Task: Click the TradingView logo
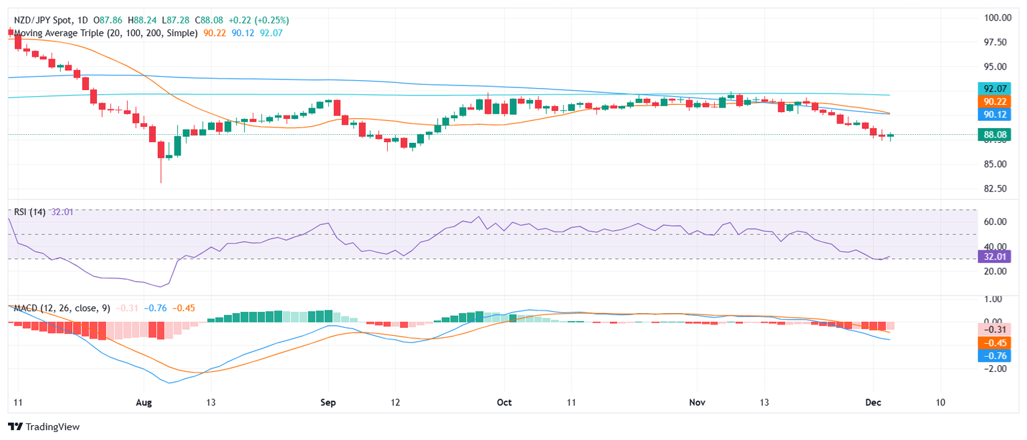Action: pyautogui.click(x=43, y=427)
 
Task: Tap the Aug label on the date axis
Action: pyautogui.click(x=144, y=403)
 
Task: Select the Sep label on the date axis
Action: pyautogui.click(x=327, y=403)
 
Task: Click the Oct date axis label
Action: pyautogui.click(x=505, y=403)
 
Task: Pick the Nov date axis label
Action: pyautogui.click(x=698, y=403)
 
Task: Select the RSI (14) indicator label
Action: pyautogui.click(x=29, y=212)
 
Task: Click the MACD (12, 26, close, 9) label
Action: pyautogui.click(x=59, y=308)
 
